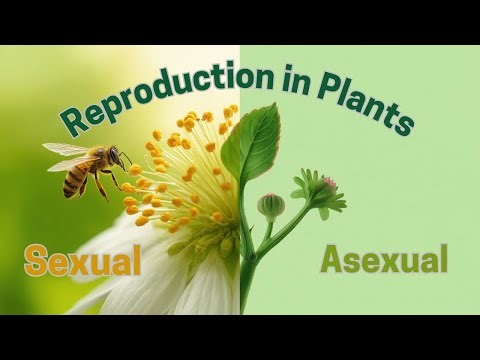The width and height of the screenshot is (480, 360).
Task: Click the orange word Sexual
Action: (83, 262)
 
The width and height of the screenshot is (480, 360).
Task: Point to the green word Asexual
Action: (383, 261)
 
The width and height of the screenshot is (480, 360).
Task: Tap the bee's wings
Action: (68, 151)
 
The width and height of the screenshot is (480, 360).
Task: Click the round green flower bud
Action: (270, 206)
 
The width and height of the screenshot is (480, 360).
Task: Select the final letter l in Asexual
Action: (441, 259)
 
